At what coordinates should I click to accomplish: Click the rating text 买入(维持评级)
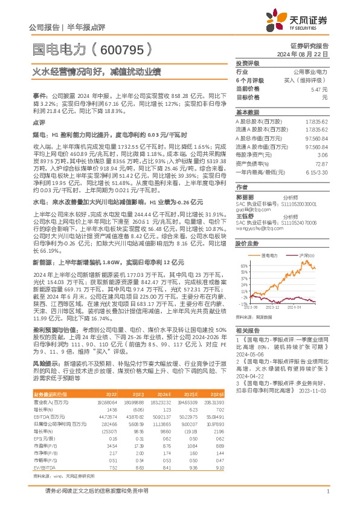(x=311, y=80)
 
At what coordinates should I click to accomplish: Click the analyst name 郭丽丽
(x=243, y=198)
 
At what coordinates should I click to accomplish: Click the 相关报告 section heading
(x=247, y=331)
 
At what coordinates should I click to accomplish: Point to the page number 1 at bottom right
(x=327, y=490)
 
